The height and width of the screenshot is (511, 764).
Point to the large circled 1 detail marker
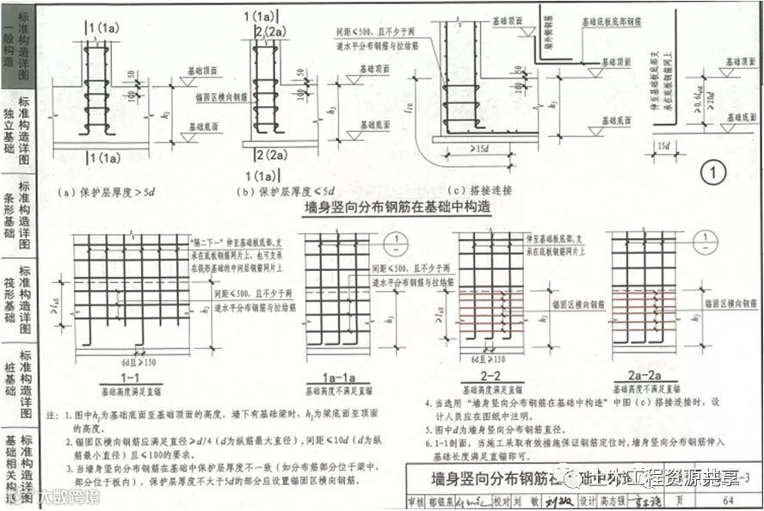point(713,173)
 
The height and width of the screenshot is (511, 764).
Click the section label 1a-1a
point(325,376)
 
